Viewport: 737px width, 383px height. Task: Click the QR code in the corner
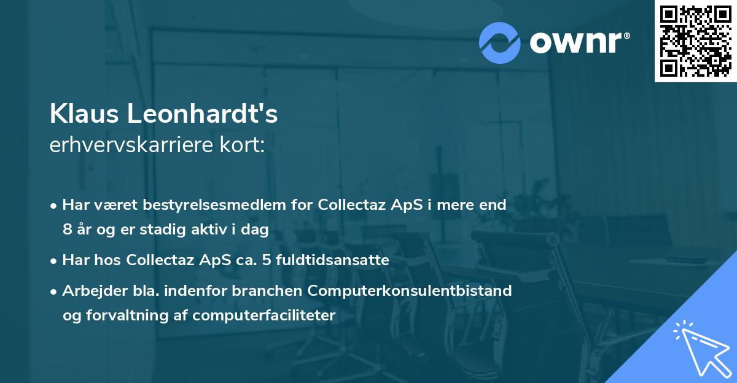[695, 41]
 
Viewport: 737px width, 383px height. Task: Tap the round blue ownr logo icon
[500, 42]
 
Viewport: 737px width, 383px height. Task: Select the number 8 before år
[67, 230]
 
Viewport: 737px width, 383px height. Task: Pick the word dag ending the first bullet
[256, 230]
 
